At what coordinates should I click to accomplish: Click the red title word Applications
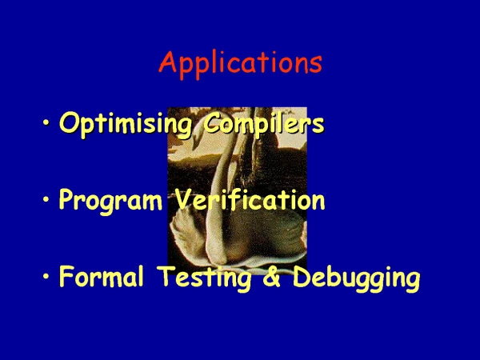click(x=241, y=65)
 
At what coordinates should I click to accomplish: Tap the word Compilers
click(x=263, y=124)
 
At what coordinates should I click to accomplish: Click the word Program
click(x=110, y=201)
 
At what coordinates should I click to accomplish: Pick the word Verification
click(x=250, y=199)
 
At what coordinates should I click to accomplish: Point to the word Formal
click(x=102, y=276)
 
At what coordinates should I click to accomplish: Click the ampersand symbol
click(x=271, y=276)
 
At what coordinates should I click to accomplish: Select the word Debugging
click(x=356, y=278)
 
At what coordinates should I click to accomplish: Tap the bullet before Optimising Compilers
click(x=46, y=123)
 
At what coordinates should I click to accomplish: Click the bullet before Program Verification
click(x=46, y=199)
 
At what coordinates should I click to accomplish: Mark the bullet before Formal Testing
click(x=46, y=276)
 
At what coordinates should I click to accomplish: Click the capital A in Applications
click(x=168, y=62)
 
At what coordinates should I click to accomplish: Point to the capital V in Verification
click(x=185, y=199)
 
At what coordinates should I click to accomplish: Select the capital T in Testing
click(x=167, y=276)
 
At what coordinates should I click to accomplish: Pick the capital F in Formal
click(x=67, y=276)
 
